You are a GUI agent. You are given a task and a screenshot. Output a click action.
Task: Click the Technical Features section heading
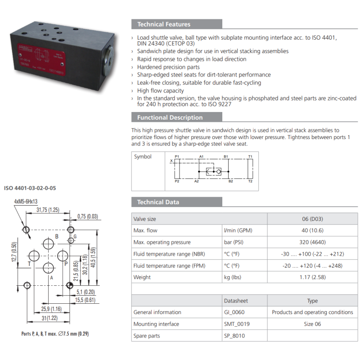click(x=164, y=24)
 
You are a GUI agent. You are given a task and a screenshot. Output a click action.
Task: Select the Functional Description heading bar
click(x=170, y=117)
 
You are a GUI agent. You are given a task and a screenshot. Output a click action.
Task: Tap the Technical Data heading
click(x=158, y=202)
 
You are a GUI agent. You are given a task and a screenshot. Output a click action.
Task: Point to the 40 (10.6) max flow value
click(x=312, y=230)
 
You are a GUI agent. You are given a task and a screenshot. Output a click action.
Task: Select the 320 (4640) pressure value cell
click(x=312, y=242)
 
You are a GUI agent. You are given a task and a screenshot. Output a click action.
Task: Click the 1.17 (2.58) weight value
click(x=312, y=277)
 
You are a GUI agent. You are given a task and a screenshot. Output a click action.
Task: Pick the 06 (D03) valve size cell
click(x=312, y=219)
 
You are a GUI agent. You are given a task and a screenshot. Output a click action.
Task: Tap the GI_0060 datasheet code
click(x=234, y=312)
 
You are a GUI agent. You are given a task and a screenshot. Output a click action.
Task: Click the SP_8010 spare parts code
click(x=234, y=336)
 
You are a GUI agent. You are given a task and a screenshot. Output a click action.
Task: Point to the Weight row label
click(x=142, y=277)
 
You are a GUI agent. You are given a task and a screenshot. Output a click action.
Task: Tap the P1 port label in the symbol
click(x=177, y=157)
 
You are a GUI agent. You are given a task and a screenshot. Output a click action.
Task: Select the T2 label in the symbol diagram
click(x=250, y=181)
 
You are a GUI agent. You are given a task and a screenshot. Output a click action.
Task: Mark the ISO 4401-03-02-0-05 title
click(x=31, y=188)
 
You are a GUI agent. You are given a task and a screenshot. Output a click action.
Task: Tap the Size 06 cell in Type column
click(x=312, y=324)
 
